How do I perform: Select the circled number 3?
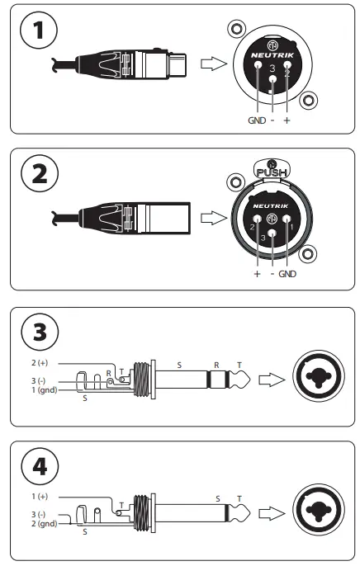[40, 333]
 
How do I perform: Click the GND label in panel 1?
[258, 120]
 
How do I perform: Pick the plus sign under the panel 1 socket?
[287, 120]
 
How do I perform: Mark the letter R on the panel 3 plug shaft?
[216, 362]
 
